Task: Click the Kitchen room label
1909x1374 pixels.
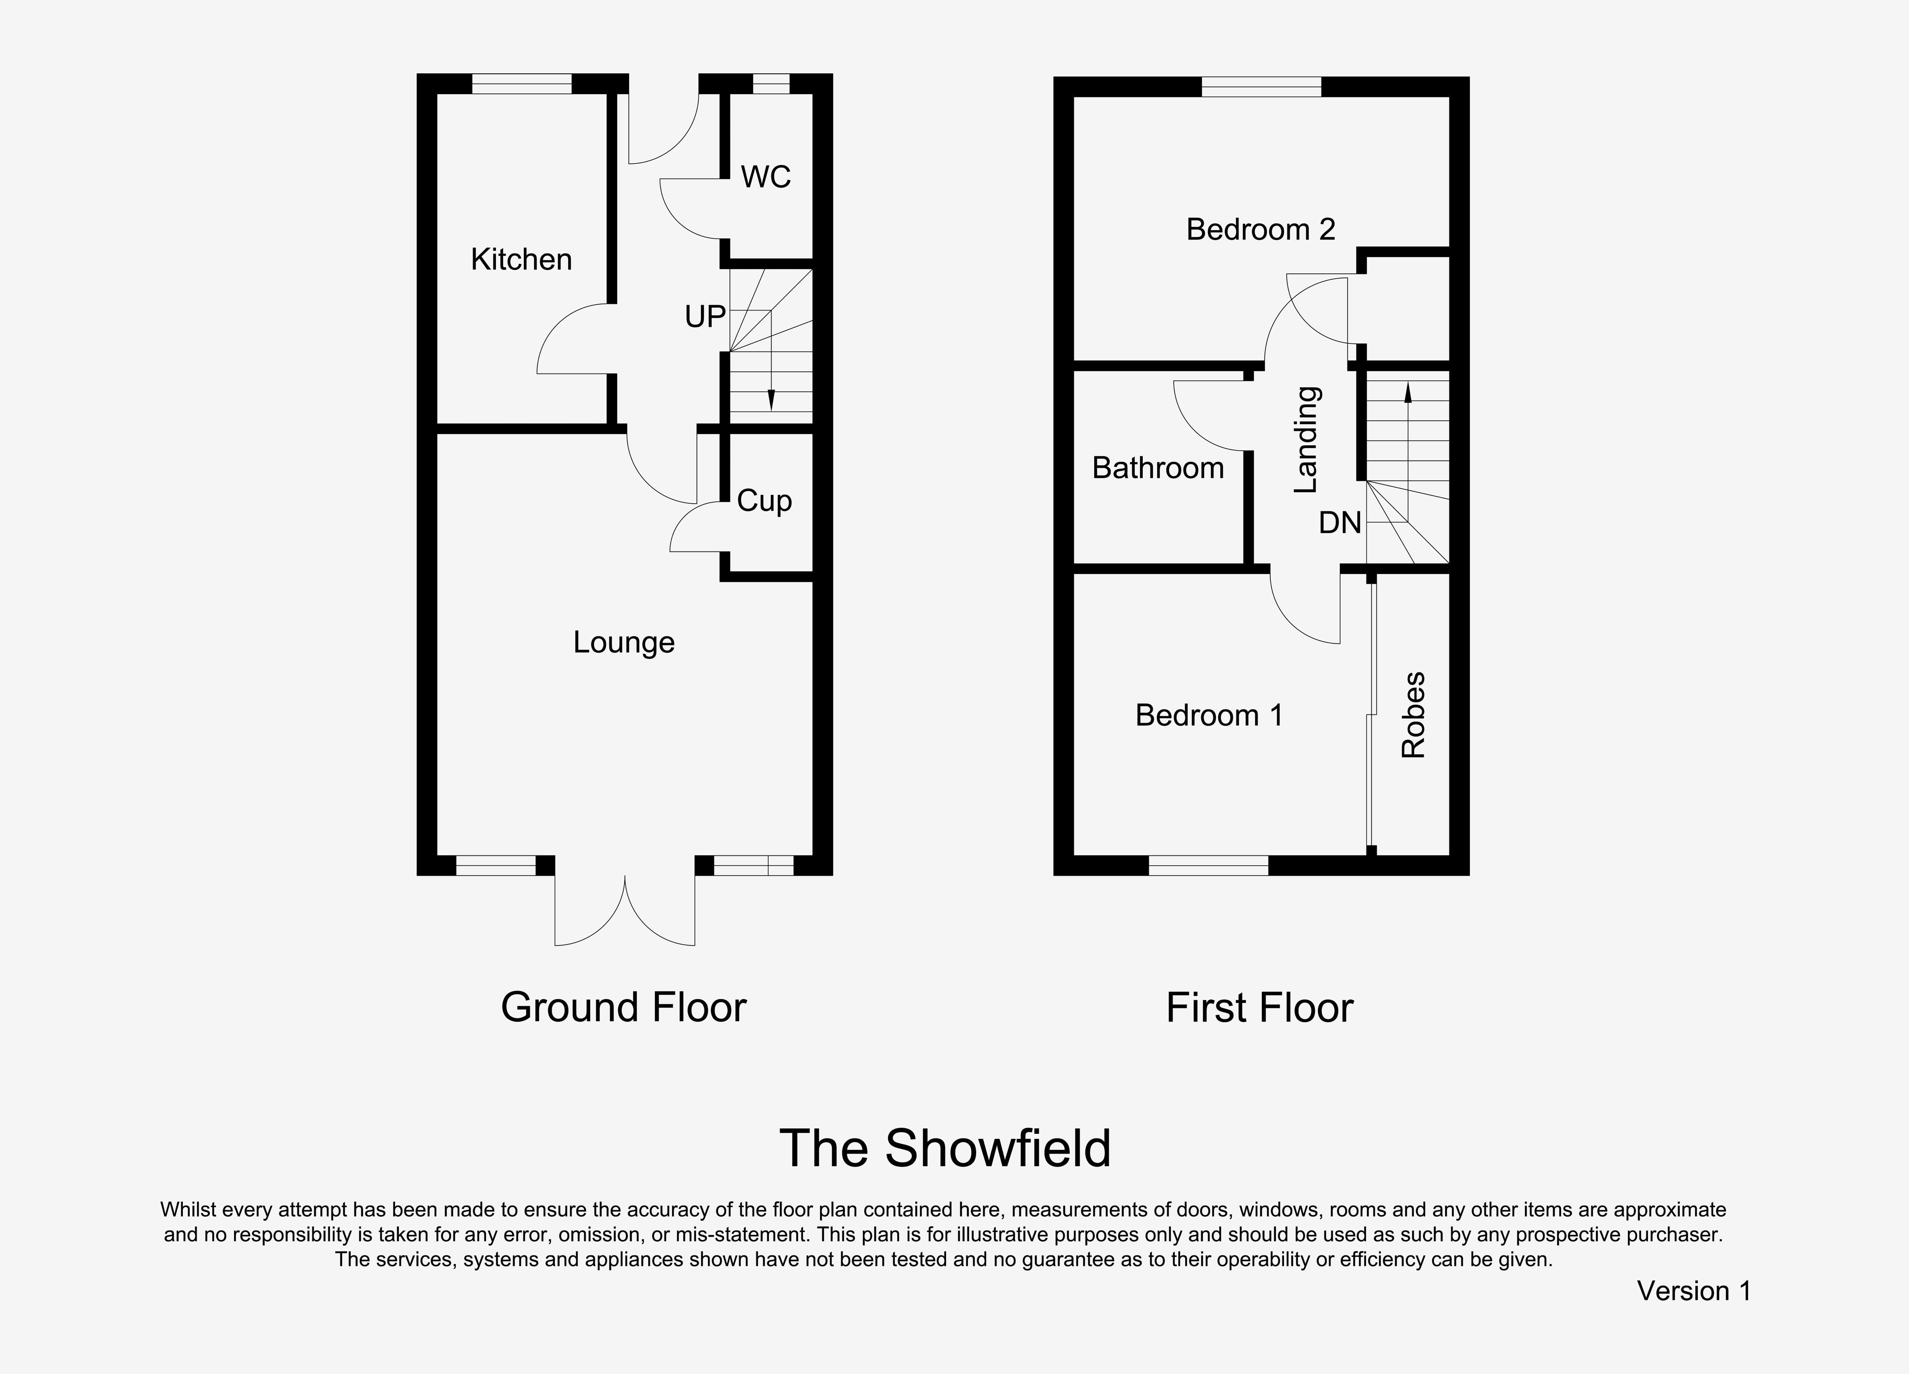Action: (521, 259)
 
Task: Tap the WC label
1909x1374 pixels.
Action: (766, 177)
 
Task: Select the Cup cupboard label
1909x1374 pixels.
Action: (764, 501)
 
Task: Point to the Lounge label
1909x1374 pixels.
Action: (624, 642)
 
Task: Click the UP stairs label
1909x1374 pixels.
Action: (705, 317)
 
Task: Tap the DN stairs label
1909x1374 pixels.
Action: (1340, 523)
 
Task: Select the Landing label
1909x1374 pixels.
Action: (1305, 440)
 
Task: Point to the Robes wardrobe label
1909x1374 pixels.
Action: (1413, 715)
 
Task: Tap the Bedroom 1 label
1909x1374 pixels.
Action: (1209, 715)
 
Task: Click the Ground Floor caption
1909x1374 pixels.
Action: (624, 1007)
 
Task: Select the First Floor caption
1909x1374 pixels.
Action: (1260, 1008)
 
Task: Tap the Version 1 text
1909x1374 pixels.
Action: (1694, 1291)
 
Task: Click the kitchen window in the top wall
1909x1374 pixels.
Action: (522, 83)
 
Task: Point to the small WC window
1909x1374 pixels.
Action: (771, 83)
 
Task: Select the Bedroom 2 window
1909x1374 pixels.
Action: (1261, 87)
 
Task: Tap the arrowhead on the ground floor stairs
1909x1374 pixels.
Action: (771, 402)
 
